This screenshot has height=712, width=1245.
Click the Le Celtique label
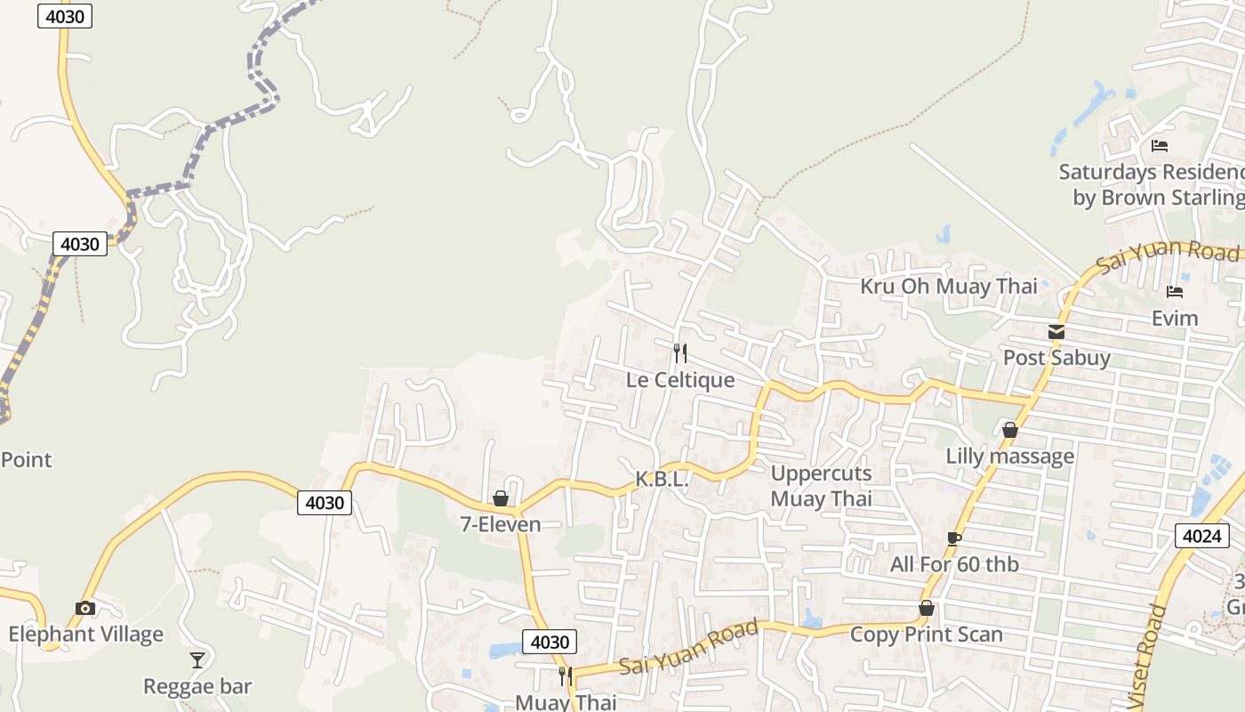[680, 380]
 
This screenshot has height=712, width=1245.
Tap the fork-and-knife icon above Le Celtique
[680, 353]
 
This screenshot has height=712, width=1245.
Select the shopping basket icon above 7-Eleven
[501, 498]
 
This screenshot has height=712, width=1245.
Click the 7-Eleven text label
[501, 524]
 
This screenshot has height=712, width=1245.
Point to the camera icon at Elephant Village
[85, 609]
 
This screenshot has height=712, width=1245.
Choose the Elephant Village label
[86, 635]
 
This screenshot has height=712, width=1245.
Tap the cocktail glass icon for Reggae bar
[197, 660]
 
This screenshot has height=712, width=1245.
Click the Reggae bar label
[197, 686]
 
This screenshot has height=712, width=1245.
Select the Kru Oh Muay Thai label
[949, 287]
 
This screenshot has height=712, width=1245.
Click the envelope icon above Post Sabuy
[1056, 332]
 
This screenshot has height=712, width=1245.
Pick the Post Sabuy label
[1056, 358]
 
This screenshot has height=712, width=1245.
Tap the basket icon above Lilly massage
[1010, 431]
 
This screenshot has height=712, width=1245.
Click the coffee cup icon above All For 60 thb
[954, 538]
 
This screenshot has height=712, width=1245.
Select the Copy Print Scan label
[927, 635]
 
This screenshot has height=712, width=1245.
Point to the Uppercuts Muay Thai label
[821, 486]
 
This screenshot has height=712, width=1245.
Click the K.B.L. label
[662, 479]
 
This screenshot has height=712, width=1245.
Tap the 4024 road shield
[1202, 535]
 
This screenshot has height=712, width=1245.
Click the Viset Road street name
[1147, 659]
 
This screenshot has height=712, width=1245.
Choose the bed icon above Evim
[1175, 292]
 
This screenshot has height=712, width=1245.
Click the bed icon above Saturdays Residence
[1160, 146]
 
